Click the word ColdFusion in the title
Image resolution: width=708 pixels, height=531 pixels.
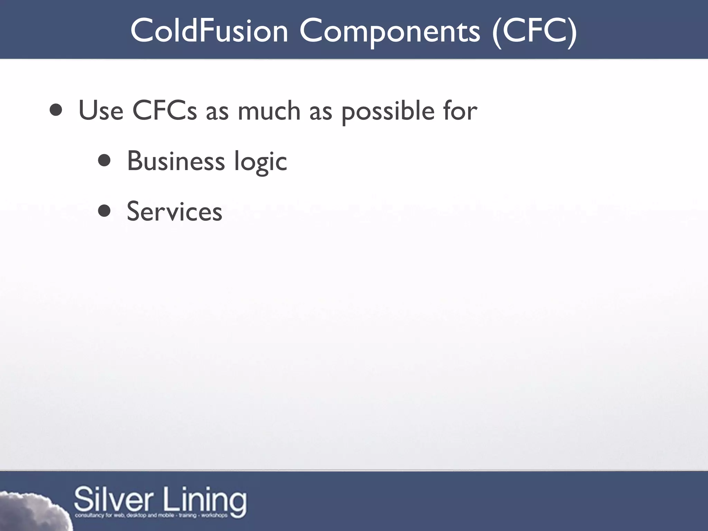tap(209, 31)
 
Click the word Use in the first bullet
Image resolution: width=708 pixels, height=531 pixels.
tap(101, 111)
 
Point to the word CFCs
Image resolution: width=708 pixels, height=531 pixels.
tap(165, 111)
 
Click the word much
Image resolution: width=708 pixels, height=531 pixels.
tap(269, 111)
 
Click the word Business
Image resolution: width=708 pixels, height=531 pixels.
tap(176, 161)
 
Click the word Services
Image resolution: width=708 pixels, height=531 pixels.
tap(175, 212)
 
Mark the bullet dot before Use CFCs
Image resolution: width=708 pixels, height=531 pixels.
tap(56, 110)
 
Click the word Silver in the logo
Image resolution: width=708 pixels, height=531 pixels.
tap(114, 499)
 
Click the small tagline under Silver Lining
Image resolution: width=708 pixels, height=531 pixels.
tap(151, 516)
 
